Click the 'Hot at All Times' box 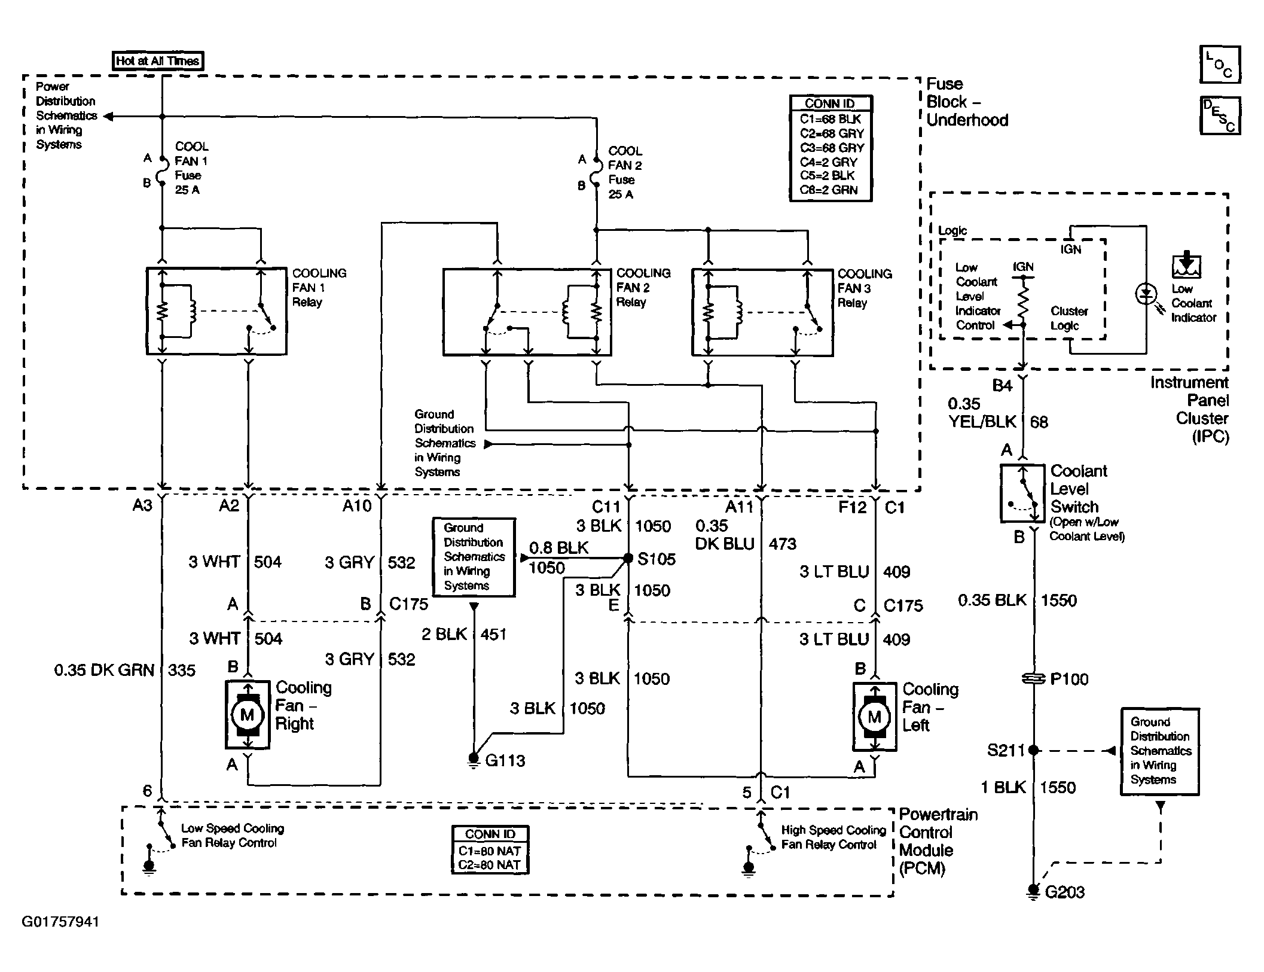(x=158, y=60)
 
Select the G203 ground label (x=1065, y=892)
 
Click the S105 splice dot (x=628, y=558)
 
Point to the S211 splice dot (x=1033, y=750)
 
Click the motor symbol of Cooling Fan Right (x=247, y=714)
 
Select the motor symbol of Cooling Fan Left (x=874, y=717)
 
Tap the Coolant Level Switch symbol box (x=1023, y=493)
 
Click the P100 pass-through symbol (x=1033, y=678)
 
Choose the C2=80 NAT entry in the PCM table (x=490, y=865)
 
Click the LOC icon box (x=1220, y=65)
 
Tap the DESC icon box (x=1220, y=115)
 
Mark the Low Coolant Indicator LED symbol (x=1146, y=294)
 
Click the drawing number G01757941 (x=60, y=922)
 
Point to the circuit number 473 (x=783, y=544)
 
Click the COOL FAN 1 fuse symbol (x=161, y=170)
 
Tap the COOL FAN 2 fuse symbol (x=596, y=173)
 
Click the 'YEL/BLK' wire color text (x=983, y=422)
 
